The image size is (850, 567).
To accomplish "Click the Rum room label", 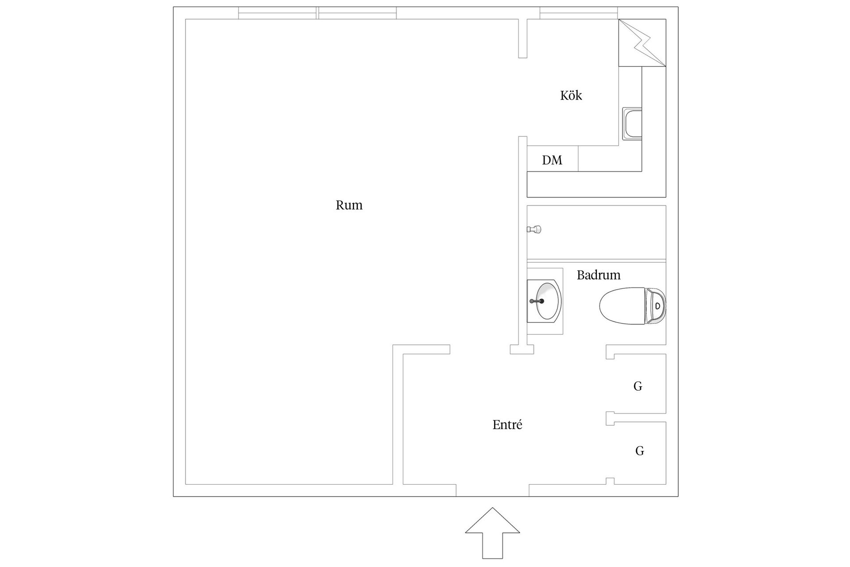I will (x=349, y=205).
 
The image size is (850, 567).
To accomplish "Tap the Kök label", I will (x=571, y=96).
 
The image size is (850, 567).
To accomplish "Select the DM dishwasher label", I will (x=552, y=160).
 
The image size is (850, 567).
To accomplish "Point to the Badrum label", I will (x=598, y=275).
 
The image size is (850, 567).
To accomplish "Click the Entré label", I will (x=507, y=425).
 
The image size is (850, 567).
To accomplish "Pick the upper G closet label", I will (x=637, y=386).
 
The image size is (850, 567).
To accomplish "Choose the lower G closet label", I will (x=639, y=451).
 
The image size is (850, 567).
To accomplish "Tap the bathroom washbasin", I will (x=546, y=301).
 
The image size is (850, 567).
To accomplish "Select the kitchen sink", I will (x=632, y=124).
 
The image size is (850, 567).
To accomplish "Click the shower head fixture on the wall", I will (x=534, y=229).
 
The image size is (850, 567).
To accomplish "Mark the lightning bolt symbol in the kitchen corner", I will (x=642, y=43).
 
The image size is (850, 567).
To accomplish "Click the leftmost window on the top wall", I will (x=278, y=13).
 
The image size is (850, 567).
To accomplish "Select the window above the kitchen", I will (x=579, y=13).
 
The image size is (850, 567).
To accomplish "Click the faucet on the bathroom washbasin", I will (x=537, y=301).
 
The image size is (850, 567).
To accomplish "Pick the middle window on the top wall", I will (x=357, y=13).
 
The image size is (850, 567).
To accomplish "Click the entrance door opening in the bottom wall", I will (x=492, y=490).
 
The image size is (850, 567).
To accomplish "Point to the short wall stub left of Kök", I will (x=523, y=39).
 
